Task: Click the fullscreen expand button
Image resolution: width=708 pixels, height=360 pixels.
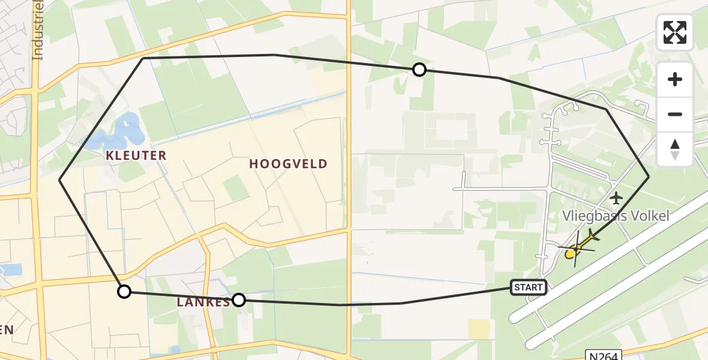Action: coord(675,32)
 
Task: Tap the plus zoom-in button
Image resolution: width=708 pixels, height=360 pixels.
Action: coord(675,79)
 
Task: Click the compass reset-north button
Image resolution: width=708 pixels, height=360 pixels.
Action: coord(675,149)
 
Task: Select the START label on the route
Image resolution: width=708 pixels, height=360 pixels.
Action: coord(528,287)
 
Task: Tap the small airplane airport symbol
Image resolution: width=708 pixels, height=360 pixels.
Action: coord(616,197)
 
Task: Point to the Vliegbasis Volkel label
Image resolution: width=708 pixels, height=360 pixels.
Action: coord(615,216)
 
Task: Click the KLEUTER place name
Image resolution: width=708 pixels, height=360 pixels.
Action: coord(136,156)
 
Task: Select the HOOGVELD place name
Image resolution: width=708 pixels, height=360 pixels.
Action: coord(288,164)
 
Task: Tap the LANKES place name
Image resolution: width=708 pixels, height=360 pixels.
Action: coord(203,302)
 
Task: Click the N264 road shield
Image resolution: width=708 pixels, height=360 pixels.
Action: coord(601,355)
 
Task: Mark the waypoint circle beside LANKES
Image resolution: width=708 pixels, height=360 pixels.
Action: coord(239,299)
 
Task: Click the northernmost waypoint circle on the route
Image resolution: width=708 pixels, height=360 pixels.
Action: coord(419,70)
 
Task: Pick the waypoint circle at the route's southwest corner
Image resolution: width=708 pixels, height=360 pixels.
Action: coord(124,292)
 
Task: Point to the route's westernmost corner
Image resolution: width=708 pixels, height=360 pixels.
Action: coord(59,179)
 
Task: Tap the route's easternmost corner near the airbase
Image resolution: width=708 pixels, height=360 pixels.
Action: coord(649,176)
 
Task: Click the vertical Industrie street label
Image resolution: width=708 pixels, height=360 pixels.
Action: coord(38,30)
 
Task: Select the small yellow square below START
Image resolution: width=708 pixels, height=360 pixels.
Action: coord(478,328)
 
